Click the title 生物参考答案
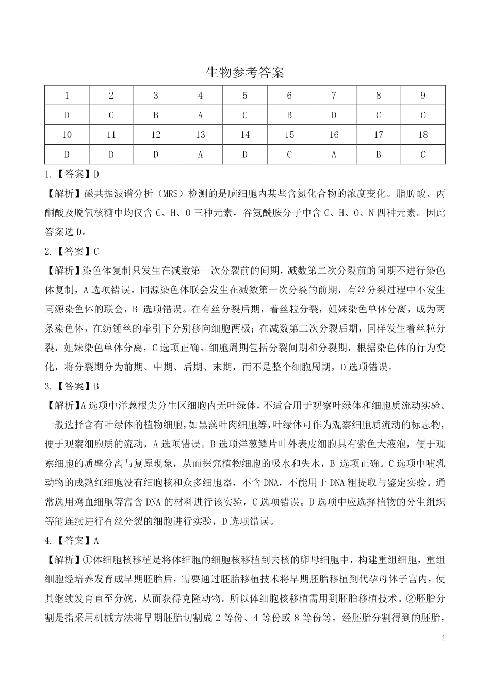coord(245,73)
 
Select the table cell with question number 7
coord(334,96)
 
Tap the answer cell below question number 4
coord(200,115)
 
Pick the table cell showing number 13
coord(200,135)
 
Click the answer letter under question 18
coord(422,154)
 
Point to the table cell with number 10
coord(67,135)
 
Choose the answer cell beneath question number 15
coord(289,154)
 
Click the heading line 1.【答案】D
coord(72,175)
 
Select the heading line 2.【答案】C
coord(72,251)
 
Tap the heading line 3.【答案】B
coord(72,386)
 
